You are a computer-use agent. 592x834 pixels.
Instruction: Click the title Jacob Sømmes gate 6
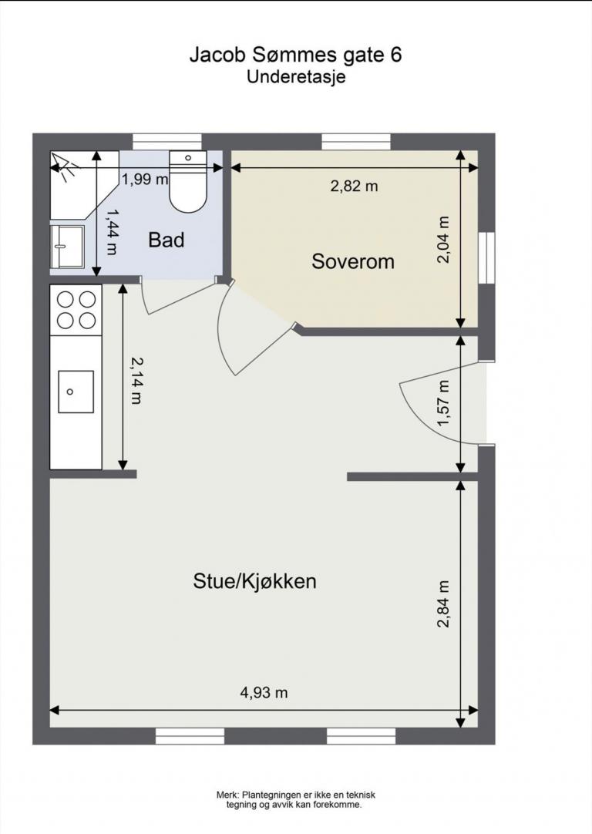(296, 55)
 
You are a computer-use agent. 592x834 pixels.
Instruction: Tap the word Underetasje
(296, 77)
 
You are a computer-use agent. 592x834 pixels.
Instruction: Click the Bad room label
(166, 240)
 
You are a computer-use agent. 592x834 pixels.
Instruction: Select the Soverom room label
(352, 261)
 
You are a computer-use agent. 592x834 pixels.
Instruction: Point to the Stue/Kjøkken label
(254, 581)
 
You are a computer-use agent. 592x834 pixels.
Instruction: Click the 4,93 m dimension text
(264, 692)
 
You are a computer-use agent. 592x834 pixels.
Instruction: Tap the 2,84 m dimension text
(443, 604)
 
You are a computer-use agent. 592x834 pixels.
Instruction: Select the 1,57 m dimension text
(443, 403)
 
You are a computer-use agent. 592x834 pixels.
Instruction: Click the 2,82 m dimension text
(355, 186)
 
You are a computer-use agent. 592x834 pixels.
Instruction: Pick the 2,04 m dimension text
(443, 240)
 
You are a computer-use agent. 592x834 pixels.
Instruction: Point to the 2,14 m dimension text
(136, 380)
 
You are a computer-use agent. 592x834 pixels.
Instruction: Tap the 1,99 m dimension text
(145, 180)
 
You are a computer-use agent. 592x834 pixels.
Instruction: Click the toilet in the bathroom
(188, 181)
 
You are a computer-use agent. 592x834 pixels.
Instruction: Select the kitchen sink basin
(76, 392)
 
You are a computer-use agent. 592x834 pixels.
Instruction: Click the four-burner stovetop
(76, 310)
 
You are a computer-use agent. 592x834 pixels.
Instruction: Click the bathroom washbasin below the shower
(68, 246)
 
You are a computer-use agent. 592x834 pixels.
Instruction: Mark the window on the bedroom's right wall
(486, 258)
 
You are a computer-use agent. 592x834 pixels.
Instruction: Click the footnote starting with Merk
(296, 799)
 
